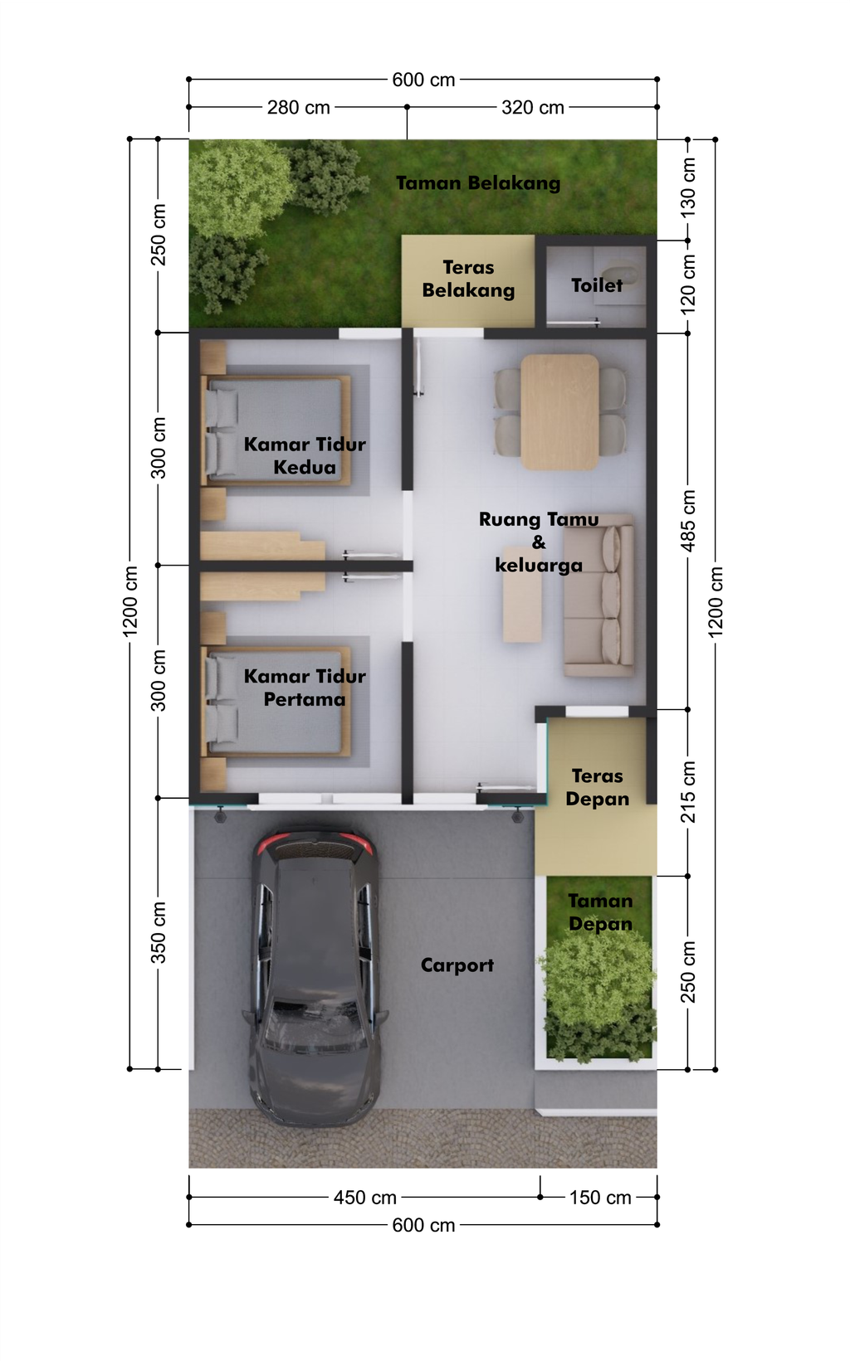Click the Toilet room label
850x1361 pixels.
tap(597, 285)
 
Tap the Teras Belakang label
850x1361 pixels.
tap(468, 279)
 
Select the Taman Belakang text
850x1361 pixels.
tap(478, 183)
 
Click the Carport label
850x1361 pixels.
tap(457, 965)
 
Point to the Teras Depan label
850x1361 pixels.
tap(597, 787)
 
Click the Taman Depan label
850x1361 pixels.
tap(600, 912)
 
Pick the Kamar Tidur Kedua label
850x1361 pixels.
tap(305, 455)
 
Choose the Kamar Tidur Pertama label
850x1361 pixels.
tap(305, 688)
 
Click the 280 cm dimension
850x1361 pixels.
tap(299, 108)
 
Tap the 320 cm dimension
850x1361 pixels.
tap(533, 108)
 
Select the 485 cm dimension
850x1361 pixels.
tap(687, 522)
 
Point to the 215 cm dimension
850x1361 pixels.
tap(687, 792)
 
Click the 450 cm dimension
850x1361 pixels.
tap(364, 1198)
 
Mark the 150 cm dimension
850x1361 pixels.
tap(600, 1198)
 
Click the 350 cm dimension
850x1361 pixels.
tap(158, 933)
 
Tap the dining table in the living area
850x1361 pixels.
tap(559, 412)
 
